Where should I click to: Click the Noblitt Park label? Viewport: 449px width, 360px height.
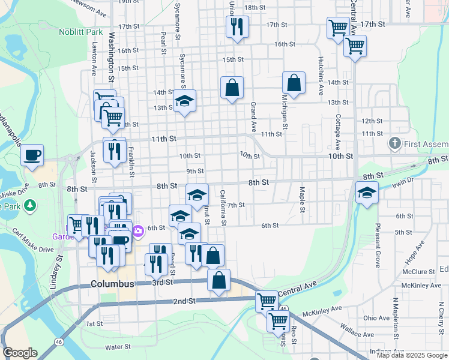pos(81,31)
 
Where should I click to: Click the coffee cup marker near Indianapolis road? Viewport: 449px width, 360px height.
pos(32,155)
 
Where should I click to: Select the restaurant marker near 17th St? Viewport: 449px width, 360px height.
pos(237,27)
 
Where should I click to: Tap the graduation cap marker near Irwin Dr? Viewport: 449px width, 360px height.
pos(366,193)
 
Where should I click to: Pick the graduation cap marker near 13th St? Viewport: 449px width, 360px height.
pos(185,101)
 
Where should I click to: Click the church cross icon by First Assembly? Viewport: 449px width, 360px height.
pos(394,143)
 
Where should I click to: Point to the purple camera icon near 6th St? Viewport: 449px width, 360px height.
pos(138,230)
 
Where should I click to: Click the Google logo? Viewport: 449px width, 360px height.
pos(20,353)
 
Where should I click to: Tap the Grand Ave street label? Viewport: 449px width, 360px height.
pos(253,118)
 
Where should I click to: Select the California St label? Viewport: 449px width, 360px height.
pos(223,208)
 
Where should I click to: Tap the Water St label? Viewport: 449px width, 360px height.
pos(118,347)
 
